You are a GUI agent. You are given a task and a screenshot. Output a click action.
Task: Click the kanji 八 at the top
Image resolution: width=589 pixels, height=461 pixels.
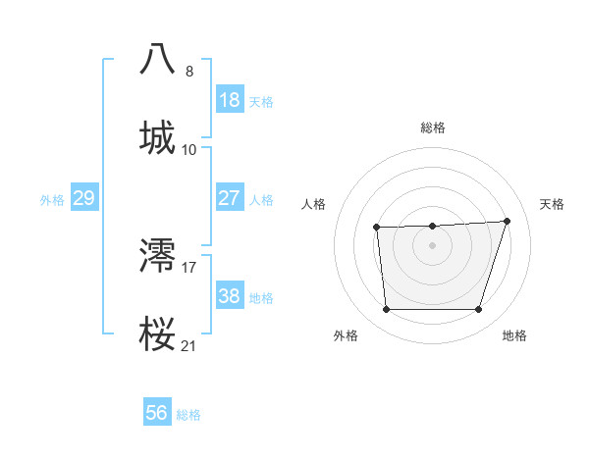[x=158, y=59]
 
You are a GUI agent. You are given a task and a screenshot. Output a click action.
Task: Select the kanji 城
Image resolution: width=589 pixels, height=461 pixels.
[x=158, y=137]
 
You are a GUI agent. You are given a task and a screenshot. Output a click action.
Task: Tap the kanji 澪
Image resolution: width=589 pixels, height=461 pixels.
[x=158, y=255]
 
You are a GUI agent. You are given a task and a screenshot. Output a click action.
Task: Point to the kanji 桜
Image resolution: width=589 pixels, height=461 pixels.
[x=158, y=333]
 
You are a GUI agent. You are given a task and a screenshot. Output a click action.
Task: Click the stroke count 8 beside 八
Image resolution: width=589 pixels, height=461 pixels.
[x=189, y=71]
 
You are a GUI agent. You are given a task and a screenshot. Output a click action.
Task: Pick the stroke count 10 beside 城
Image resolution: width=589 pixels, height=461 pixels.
[x=189, y=149]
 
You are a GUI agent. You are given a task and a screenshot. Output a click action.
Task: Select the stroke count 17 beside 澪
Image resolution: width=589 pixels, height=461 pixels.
[x=189, y=267]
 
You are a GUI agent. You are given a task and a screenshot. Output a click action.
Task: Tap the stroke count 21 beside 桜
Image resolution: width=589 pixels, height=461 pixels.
[x=189, y=345]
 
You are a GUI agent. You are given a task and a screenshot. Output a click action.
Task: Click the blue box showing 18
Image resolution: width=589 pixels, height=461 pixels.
[x=229, y=100]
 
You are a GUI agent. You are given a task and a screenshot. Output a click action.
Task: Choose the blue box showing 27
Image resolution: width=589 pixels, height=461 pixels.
[x=229, y=197]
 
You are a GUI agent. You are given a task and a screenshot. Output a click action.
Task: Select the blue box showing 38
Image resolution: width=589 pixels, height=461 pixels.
[x=229, y=296]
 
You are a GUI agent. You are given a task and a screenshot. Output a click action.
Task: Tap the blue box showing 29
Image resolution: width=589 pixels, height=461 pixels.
[x=83, y=198]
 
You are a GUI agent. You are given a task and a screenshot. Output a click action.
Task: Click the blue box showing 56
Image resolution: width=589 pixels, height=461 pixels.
[x=156, y=413]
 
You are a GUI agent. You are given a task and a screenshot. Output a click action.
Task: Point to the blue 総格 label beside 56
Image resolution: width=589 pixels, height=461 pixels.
[x=188, y=415]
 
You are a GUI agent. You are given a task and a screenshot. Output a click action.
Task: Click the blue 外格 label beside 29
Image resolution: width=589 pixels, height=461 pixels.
[x=52, y=200]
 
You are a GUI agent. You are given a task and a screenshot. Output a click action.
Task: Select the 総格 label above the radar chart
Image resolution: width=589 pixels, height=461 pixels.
[x=433, y=128]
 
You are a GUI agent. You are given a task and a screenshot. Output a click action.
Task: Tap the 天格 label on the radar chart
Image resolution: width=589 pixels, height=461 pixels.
[x=552, y=204]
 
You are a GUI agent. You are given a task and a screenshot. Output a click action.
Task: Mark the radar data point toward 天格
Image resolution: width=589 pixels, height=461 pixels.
[x=507, y=221]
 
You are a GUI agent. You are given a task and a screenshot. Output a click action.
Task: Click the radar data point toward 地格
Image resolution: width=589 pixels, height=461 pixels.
[x=478, y=310]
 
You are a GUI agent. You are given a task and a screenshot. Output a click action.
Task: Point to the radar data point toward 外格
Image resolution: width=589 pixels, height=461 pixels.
[x=386, y=310]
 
